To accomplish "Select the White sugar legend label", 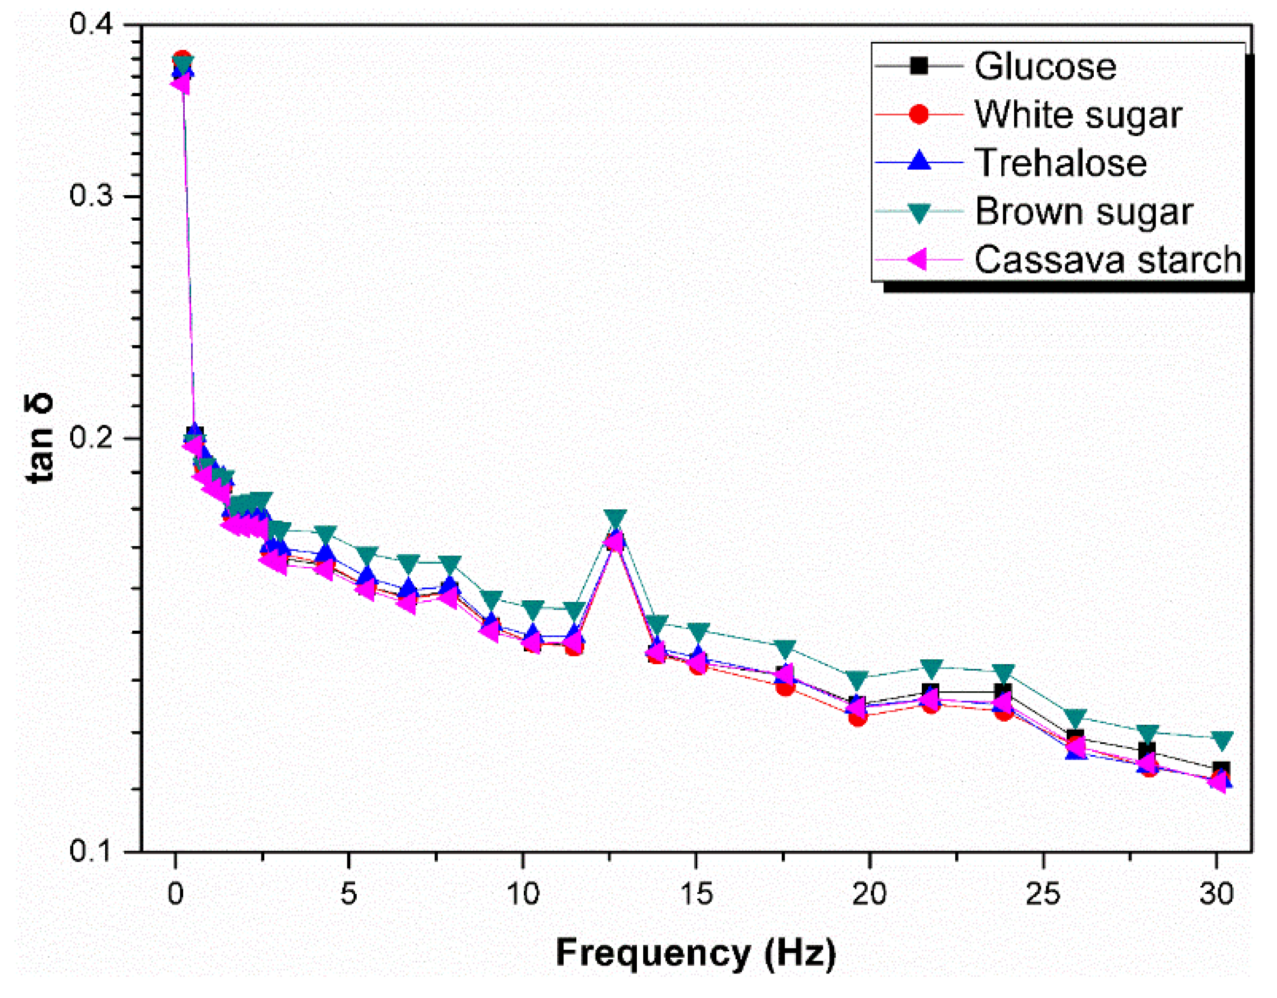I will [x=1078, y=115].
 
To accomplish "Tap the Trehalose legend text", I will [x=1060, y=163].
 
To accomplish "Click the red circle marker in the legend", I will [x=919, y=114].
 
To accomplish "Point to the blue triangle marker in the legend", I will [x=919, y=161].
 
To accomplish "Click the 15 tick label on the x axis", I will [x=696, y=894].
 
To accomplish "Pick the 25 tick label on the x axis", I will [x=1044, y=894].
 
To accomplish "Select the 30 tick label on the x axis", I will [x=1217, y=894].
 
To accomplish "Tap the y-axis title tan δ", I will [x=41, y=438].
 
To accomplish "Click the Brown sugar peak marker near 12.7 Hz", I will [x=616, y=518].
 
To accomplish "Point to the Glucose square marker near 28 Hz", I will [x=1147, y=751].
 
